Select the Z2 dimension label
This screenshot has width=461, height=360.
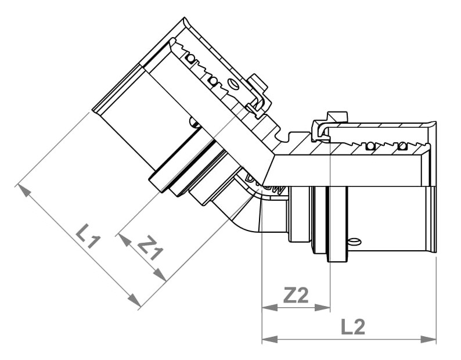tap(296, 295)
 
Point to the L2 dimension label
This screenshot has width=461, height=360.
tap(353, 326)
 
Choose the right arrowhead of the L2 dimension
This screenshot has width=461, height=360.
tap(428, 339)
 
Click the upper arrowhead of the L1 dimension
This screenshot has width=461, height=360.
tap(24, 190)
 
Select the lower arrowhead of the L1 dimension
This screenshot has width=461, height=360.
tap(134, 300)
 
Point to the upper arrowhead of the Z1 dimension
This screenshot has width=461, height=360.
tap(125, 240)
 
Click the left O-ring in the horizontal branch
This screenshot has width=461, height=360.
tap(370, 146)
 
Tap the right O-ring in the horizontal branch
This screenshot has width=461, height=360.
tap(402, 146)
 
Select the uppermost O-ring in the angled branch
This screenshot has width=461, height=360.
tap(190, 59)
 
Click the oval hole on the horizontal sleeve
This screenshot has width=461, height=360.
tap(355, 242)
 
